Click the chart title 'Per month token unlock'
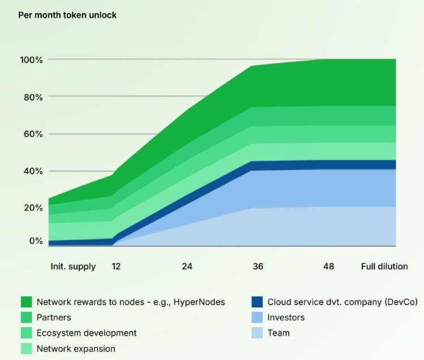pyautogui.click(x=67, y=15)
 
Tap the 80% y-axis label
pyautogui.click(x=32, y=97)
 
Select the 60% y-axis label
pyautogui.click(x=32, y=134)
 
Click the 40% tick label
pyautogui.click(x=32, y=171)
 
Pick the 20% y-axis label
pyautogui.click(x=32, y=207)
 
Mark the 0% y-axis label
pyautogui.click(x=35, y=241)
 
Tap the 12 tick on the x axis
pyautogui.click(x=115, y=266)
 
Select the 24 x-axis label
pyautogui.click(x=187, y=266)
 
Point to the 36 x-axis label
pyautogui.click(x=258, y=266)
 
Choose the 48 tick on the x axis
pyautogui.click(x=328, y=266)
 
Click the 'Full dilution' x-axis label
pyautogui.click(x=384, y=266)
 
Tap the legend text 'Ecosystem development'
pyautogui.click(x=86, y=333)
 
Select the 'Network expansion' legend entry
pyautogui.click(x=76, y=349)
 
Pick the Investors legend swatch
pyautogui.click(x=257, y=318)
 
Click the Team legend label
pyautogui.click(x=278, y=333)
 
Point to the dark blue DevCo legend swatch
pyautogui.click(x=257, y=302)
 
